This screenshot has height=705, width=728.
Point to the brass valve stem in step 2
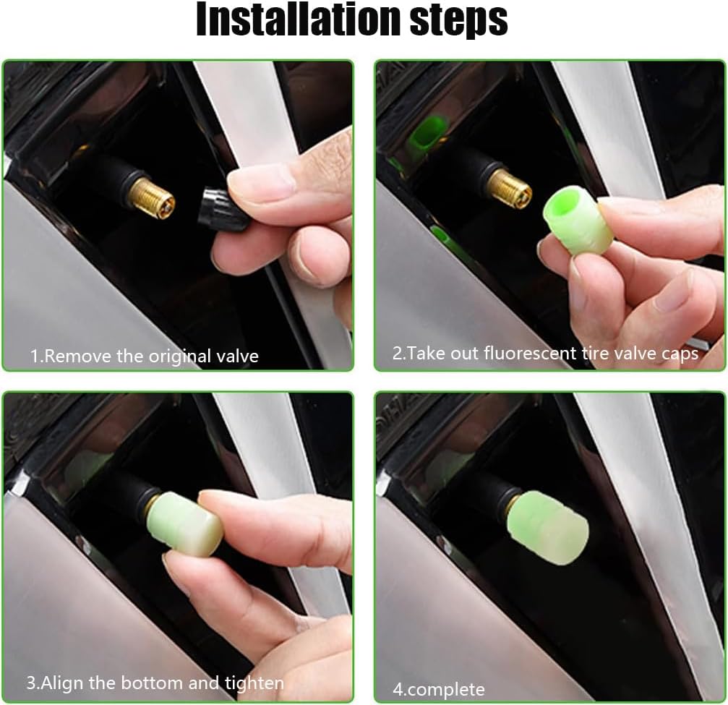click(x=508, y=187)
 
